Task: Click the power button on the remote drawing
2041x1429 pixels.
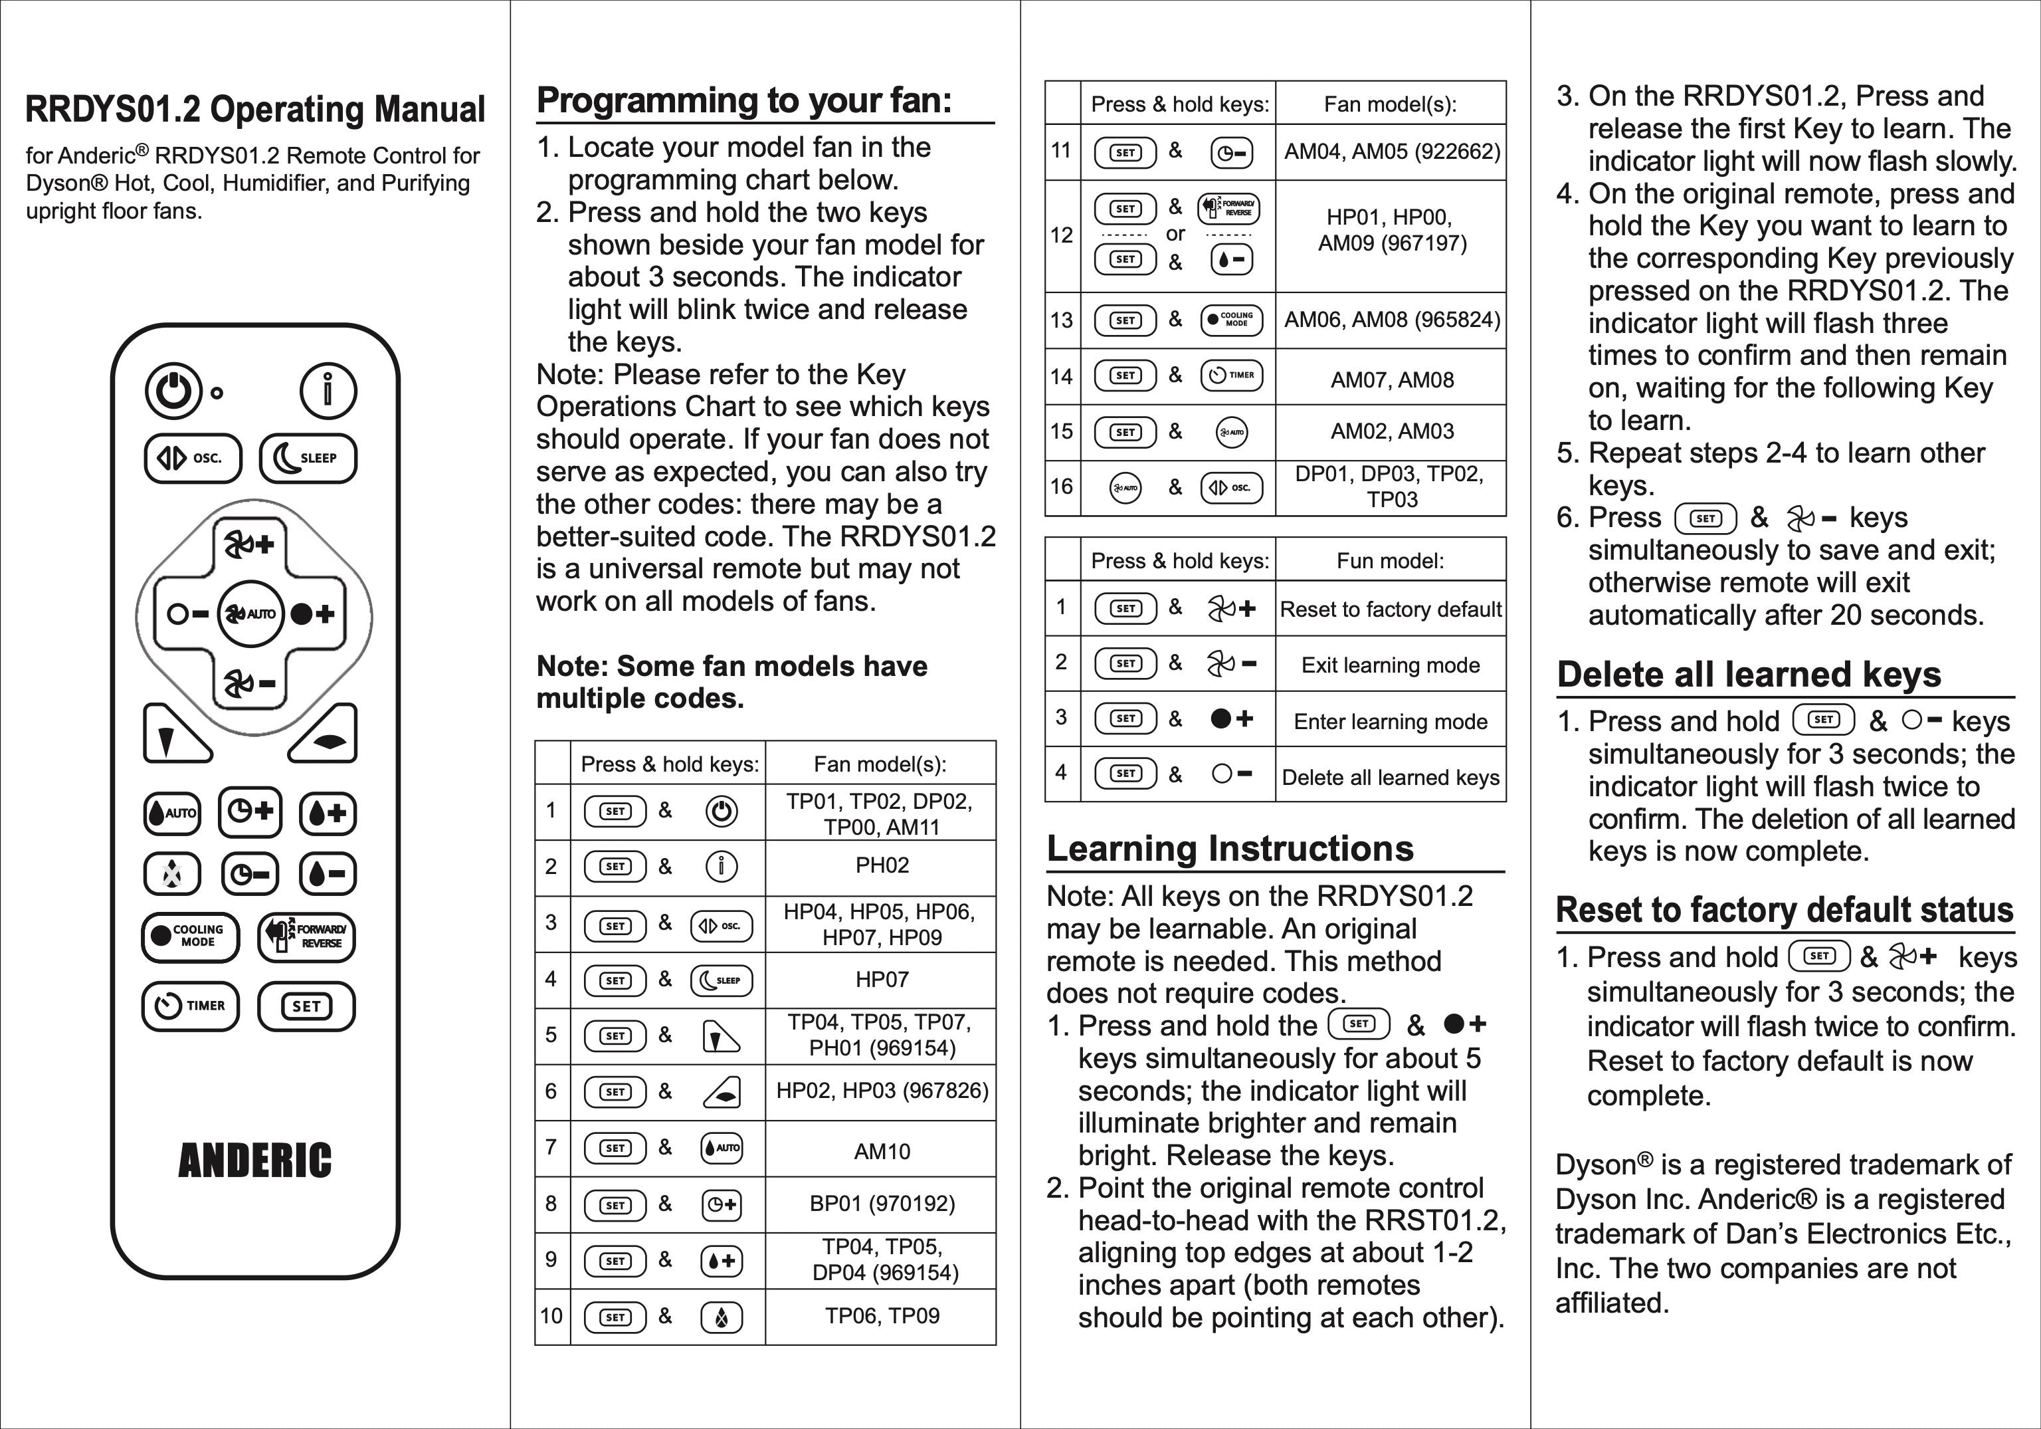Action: [x=173, y=391]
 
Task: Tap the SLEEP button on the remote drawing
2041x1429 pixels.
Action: [x=308, y=458]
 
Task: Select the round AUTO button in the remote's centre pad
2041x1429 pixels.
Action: [x=250, y=613]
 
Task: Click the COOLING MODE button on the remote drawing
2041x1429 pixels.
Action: [x=190, y=936]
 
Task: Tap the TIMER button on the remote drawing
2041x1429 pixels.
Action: [x=190, y=1006]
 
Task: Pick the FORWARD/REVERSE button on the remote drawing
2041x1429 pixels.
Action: [x=307, y=936]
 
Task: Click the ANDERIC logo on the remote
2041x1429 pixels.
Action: [x=255, y=1161]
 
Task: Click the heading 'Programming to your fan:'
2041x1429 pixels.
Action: [x=744, y=100]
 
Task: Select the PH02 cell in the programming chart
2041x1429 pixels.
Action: [x=881, y=865]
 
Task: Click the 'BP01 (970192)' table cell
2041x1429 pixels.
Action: [x=881, y=1204]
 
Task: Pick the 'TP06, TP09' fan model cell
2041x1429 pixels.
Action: [x=881, y=1316]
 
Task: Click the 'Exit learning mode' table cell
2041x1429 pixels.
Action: [x=1391, y=665]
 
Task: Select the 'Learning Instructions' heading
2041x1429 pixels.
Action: [x=1229, y=848]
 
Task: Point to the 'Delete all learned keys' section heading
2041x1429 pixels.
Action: [x=1749, y=674]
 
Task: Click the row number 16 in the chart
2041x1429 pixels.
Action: [x=1062, y=487]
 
